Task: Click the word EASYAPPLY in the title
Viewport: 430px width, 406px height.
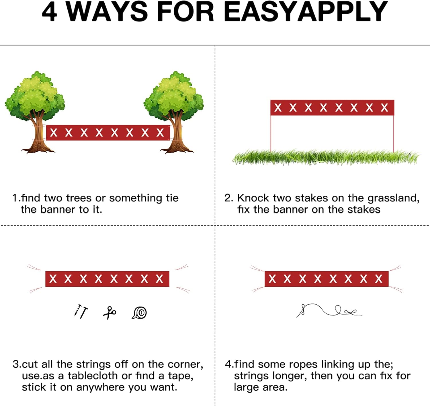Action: tap(306, 11)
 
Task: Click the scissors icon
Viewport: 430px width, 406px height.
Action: tap(110, 312)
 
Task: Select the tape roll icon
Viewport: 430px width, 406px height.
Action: tap(139, 312)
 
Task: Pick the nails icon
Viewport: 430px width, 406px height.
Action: tap(81, 312)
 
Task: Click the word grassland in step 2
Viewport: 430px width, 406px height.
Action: tap(394, 198)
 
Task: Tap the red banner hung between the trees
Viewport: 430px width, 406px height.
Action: tap(108, 133)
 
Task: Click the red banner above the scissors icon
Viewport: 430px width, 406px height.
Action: tap(107, 279)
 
